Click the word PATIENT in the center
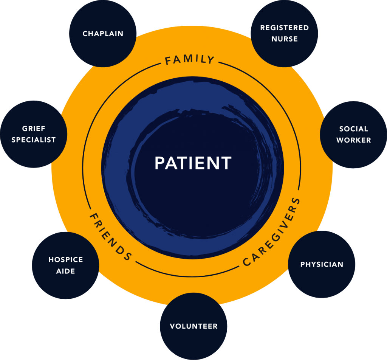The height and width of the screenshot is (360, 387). point(193,163)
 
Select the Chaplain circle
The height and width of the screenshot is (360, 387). point(103,34)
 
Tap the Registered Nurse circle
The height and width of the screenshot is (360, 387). point(284,33)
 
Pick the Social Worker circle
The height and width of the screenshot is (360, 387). point(353,135)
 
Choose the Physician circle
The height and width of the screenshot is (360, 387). point(322,264)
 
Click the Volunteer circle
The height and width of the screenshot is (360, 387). point(193,326)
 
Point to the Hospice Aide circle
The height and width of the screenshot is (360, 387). point(65,265)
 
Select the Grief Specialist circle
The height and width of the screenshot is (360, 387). point(34,134)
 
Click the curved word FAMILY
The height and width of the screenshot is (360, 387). point(190,60)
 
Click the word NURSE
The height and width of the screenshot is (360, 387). point(284,39)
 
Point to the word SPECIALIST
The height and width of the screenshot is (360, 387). point(34,140)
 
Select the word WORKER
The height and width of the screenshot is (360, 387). point(353,140)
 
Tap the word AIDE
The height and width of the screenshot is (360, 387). point(65,271)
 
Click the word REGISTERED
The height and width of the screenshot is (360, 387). point(284,28)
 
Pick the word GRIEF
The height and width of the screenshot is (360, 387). point(34,129)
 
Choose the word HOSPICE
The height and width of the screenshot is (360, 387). point(65,260)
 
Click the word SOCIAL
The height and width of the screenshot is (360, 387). point(353,129)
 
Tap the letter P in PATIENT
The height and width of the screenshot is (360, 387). point(160,163)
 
